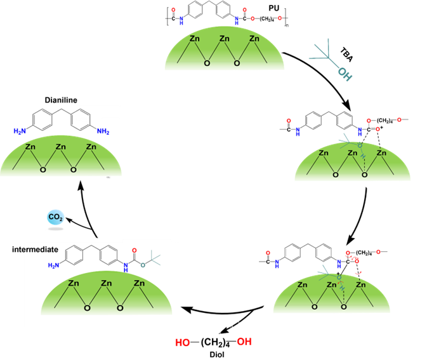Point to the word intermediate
tap(34, 250)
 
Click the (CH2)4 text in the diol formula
tap(214, 343)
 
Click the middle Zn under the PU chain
tap(223, 39)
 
